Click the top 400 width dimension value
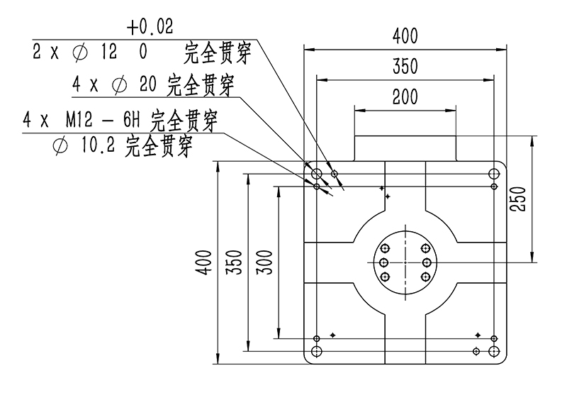pyautogui.click(x=405, y=36)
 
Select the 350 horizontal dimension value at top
pyautogui.click(x=405, y=67)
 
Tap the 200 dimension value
pyautogui.click(x=405, y=98)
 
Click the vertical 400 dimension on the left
pyautogui.click(x=205, y=262)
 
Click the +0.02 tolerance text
pyautogui.click(x=150, y=27)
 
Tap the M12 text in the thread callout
pyautogui.click(x=79, y=119)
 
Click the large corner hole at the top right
pyautogui.click(x=494, y=174)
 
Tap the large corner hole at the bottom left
pyautogui.click(x=317, y=351)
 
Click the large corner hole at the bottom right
pyautogui.click(x=494, y=351)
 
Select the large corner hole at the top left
pyautogui.click(x=317, y=174)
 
